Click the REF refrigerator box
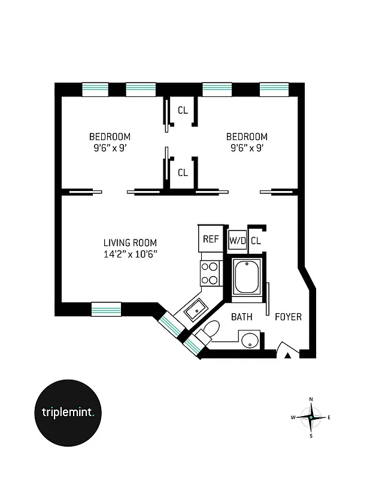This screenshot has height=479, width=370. pyautogui.click(x=210, y=239)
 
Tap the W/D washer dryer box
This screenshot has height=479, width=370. pyautogui.click(x=237, y=241)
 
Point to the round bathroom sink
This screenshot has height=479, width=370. pyautogui.click(x=250, y=341)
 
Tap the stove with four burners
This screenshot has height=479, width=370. pyautogui.click(x=210, y=273)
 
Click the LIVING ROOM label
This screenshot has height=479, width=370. pyautogui.click(x=130, y=242)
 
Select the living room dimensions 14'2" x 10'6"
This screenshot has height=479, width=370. pyautogui.click(x=130, y=254)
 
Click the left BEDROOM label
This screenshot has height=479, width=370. pyautogui.click(x=110, y=137)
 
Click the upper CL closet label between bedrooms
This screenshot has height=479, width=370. pyautogui.click(x=183, y=110)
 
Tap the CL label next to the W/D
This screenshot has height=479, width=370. pyautogui.click(x=256, y=241)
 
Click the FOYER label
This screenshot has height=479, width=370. pyautogui.click(x=288, y=317)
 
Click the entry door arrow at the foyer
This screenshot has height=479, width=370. pyautogui.click(x=288, y=355)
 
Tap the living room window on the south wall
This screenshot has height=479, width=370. pyautogui.click(x=106, y=309)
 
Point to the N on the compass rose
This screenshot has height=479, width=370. pyautogui.click(x=311, y=399)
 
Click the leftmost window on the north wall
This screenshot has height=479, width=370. pyautogui.click(x=95, y=89)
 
